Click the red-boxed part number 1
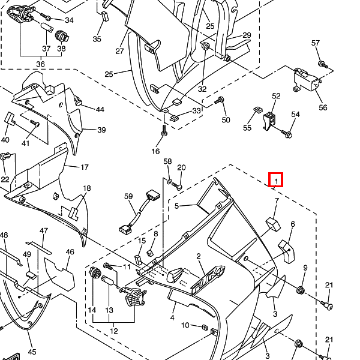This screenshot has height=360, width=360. tap(276, 179)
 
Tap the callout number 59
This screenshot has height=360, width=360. tap(128, 196)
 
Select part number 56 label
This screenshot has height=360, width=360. tap(323, 107)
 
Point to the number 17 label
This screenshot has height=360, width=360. tap(85, 167)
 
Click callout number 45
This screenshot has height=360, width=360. tap(32, 352)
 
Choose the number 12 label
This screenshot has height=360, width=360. tap(114, 331)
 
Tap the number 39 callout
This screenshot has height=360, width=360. tap(101, 130)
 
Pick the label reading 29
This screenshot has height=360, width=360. tap(247, 35)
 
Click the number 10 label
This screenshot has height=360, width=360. tap(185, 325)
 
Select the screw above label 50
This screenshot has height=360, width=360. tap(220, 100)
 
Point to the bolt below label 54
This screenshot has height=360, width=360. tap(289, 133)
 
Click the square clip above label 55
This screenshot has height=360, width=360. tap(256, 110)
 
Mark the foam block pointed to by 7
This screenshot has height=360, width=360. tap(273, 224)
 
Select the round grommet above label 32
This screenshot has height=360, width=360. tap(205, 46)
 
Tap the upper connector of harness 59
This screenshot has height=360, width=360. tap(152, 196)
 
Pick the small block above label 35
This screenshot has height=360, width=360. tap(104, 15)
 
